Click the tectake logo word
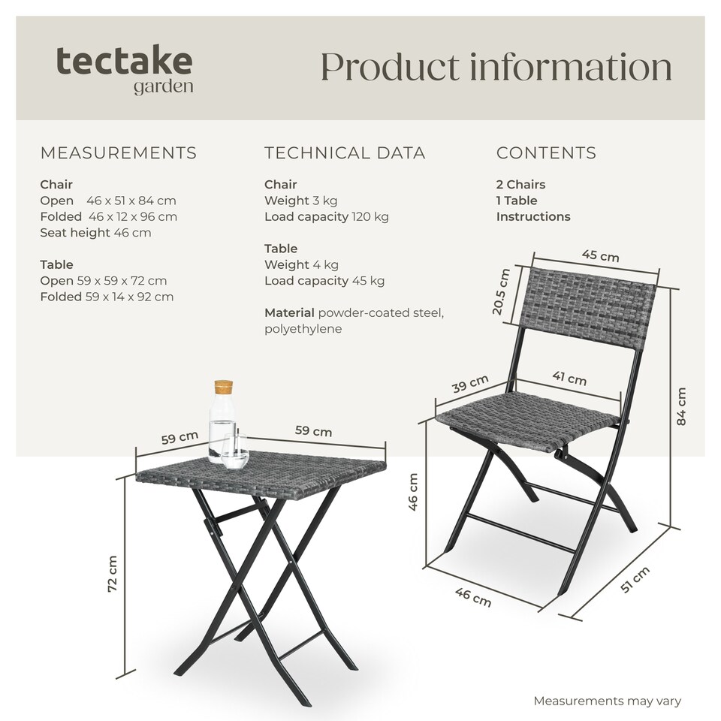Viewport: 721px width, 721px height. [x=124, y=62]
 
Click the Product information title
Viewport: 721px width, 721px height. [x=496, y=67]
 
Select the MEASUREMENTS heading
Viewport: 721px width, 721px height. [x=118, y=153]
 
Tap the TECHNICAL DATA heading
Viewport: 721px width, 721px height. [x=345, y=153]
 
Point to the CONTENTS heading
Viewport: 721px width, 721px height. [x=546, y=153]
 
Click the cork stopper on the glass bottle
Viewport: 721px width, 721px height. [x=222, y=388]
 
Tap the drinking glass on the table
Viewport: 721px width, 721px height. [x=234, y=451]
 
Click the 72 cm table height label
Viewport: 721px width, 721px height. [x=113, y=575]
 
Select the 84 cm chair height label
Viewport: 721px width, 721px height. [x=681, y=406]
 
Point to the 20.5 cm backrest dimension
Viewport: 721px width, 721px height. [x=504, y=292]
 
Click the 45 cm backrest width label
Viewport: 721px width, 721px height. [x=601, y=256]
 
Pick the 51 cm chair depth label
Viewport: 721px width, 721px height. [x=635, y=580]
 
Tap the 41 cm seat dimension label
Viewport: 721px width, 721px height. [x=569, y=379]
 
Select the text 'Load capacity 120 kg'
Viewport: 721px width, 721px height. [x=326, y=217]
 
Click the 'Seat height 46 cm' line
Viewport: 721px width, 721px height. [x=95, y=233]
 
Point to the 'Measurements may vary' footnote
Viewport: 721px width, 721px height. [x=607, y=701]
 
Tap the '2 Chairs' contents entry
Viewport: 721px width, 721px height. [x=520, y=185]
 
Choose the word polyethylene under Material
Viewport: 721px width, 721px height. [x=303, y=329]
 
